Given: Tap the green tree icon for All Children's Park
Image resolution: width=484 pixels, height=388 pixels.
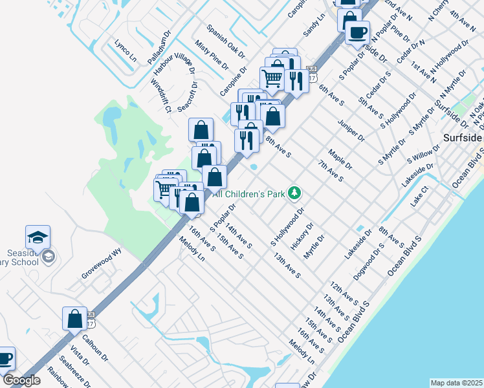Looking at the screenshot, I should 294,193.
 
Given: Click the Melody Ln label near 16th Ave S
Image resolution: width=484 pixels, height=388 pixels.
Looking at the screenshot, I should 193,249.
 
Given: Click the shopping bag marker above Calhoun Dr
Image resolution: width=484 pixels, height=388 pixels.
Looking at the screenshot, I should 74,318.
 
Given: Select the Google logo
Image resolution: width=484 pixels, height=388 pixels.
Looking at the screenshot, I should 21,380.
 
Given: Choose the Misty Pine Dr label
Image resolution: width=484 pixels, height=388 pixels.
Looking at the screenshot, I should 211,54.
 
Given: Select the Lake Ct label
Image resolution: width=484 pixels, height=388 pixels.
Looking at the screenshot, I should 419,197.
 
